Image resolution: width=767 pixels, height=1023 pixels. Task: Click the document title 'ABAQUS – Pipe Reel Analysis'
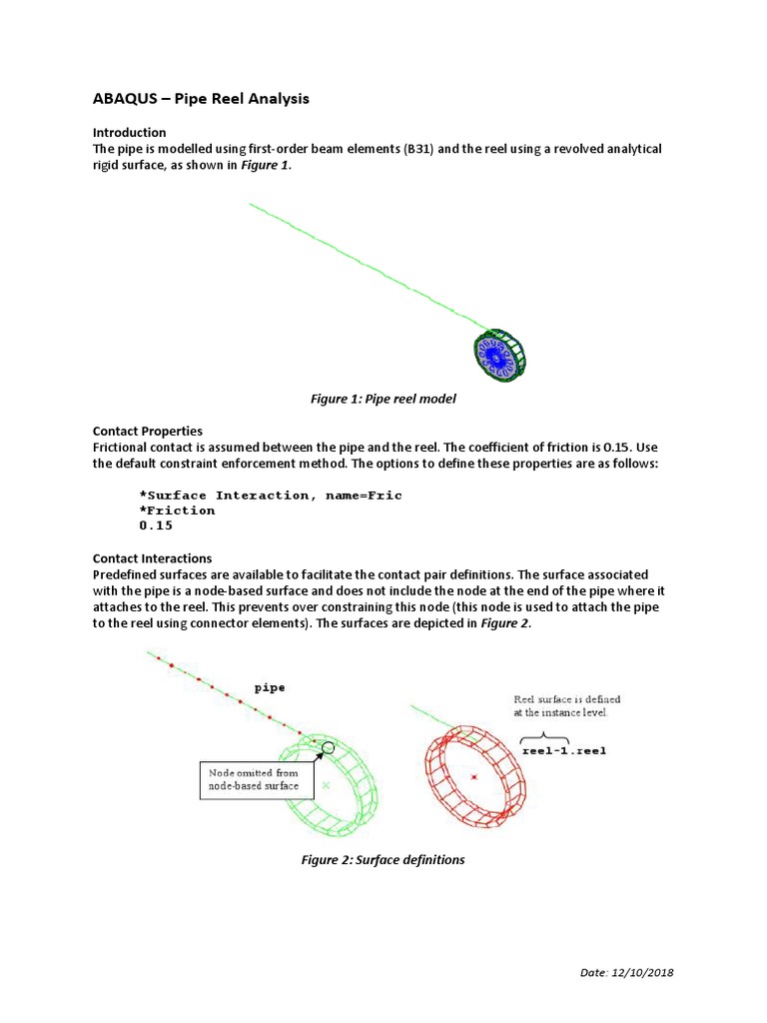[x=201, y=98]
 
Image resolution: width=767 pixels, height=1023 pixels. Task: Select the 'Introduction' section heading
[x=129, y=132]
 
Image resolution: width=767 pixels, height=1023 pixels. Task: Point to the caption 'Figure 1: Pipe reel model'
[x=383, y=400]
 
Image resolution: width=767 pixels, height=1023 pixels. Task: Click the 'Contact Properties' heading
[x=147, y=431]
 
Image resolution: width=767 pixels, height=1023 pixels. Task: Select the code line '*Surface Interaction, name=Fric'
[x=271, y=495]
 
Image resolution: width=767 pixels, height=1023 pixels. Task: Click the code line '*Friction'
[x=177, y=510]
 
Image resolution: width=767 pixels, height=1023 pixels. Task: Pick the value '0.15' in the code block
[x=156, y=524]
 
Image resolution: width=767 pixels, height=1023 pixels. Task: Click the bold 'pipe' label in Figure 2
[x=270, y=687]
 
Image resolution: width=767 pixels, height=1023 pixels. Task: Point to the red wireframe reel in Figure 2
[x=474, y=774]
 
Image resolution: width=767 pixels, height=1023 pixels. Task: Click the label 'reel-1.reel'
[x=563, y=750]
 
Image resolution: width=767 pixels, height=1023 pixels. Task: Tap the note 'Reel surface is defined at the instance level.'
[x=566, y=706]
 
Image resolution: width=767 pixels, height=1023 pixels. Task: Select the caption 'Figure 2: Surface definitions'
[x=383, y=860]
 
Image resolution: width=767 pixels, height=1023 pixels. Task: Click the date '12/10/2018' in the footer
[x=648, y=973]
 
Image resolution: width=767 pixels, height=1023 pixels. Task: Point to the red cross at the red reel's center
[x=474, y=776]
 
